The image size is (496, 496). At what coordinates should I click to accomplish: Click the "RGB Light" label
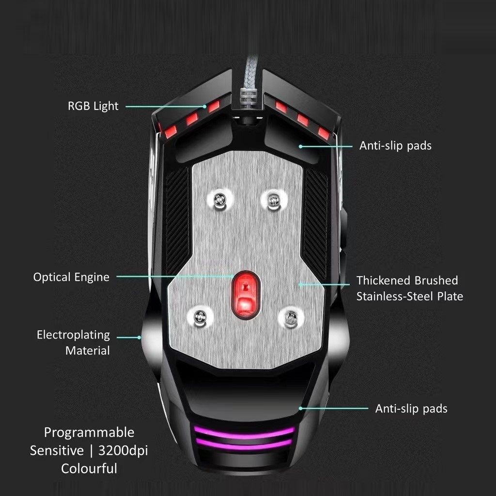[93, 106]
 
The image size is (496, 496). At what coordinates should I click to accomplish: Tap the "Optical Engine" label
[71, 277]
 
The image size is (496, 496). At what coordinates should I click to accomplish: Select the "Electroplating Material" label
[74, 342]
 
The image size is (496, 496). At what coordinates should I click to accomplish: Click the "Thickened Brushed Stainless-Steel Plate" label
[409, 288]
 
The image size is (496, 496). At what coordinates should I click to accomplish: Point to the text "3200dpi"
[123, 450]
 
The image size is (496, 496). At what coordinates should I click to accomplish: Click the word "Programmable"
[89, 432]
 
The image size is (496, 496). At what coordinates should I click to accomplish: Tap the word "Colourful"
[89, 468]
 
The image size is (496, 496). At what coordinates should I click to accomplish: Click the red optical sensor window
[246, 294]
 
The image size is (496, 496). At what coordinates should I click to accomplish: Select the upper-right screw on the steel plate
[274, 199]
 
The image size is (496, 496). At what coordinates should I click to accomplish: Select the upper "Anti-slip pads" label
[395, 146]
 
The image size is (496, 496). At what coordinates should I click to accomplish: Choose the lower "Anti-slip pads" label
[411, 408]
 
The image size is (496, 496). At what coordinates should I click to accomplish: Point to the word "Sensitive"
[57, 450]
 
